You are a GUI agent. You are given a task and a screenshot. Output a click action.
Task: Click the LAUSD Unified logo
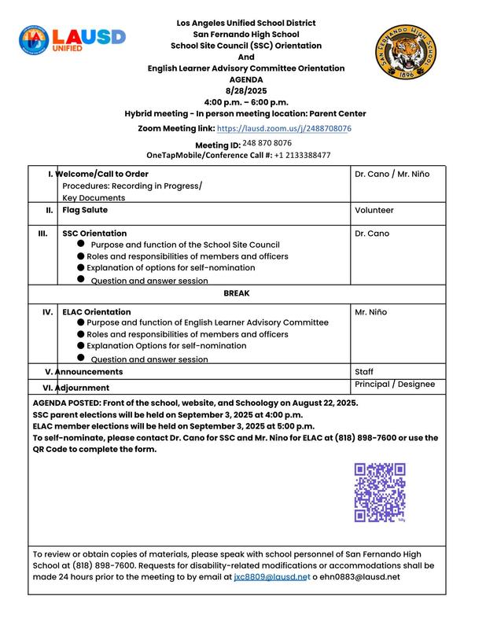pyautogui.click(x=72, y=39)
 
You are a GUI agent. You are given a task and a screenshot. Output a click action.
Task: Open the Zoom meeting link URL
pyautogui.click(x=284, y=128)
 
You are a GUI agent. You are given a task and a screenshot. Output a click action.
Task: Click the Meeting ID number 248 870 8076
pyautogui.click(x=267, y=143)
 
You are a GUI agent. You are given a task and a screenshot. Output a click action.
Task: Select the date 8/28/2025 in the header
pyautogui.click(x=246, y=91)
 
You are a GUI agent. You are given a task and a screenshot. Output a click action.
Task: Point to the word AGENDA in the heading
pyautogui.click(x=246, y=79)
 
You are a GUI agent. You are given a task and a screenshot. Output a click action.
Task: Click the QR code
pyautogui.click(x=380, y=493)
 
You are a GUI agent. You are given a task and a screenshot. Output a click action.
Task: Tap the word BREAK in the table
pyautogui.click(x=236, y=293)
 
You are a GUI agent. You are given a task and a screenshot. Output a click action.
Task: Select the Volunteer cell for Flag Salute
pyautogui.click(x=374, y=211)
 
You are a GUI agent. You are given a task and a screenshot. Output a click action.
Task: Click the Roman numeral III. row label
pyautogui.click(x=43, y=234)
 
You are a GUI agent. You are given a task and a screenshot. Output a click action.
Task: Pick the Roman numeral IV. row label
pyautogui.click(x=47, y=312)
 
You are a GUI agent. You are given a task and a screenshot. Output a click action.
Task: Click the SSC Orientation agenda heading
pyautogui.click(x=94, y=234)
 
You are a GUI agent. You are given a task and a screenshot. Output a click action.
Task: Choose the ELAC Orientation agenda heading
pyautogui.click(x=97, y=312)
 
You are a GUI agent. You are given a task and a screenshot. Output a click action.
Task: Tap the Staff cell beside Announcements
pyautogui.click(x=364, y=372)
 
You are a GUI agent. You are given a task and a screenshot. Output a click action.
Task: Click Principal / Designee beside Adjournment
pyautogui.click(x=394, y=384)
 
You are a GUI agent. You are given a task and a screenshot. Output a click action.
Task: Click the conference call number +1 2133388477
pyautogui.click(x=303, y=156)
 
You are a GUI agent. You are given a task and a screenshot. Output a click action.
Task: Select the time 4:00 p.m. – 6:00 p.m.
pyautogui.click(x=246, y=102)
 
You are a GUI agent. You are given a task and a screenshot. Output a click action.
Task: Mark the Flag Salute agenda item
pyautogui.click(x=85, y=211)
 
